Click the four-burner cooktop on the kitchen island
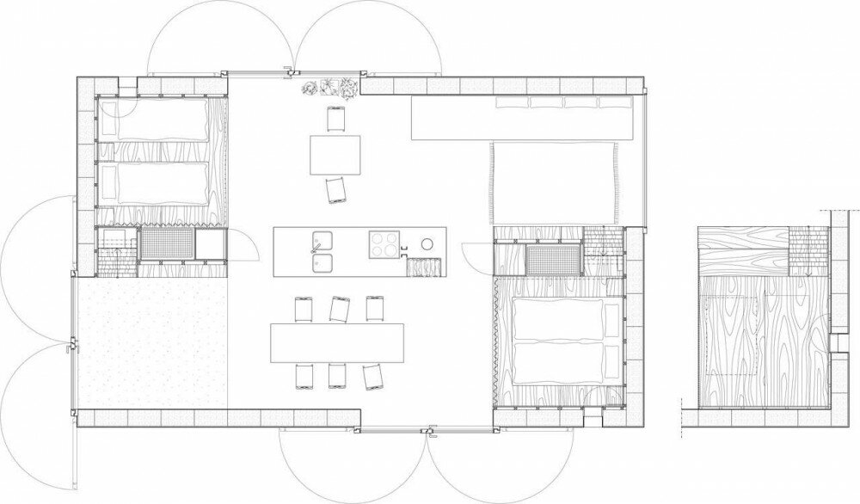[385, 243]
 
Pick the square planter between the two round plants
[329, 85]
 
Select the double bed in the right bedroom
[559, 339]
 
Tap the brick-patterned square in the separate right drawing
[806, 249]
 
